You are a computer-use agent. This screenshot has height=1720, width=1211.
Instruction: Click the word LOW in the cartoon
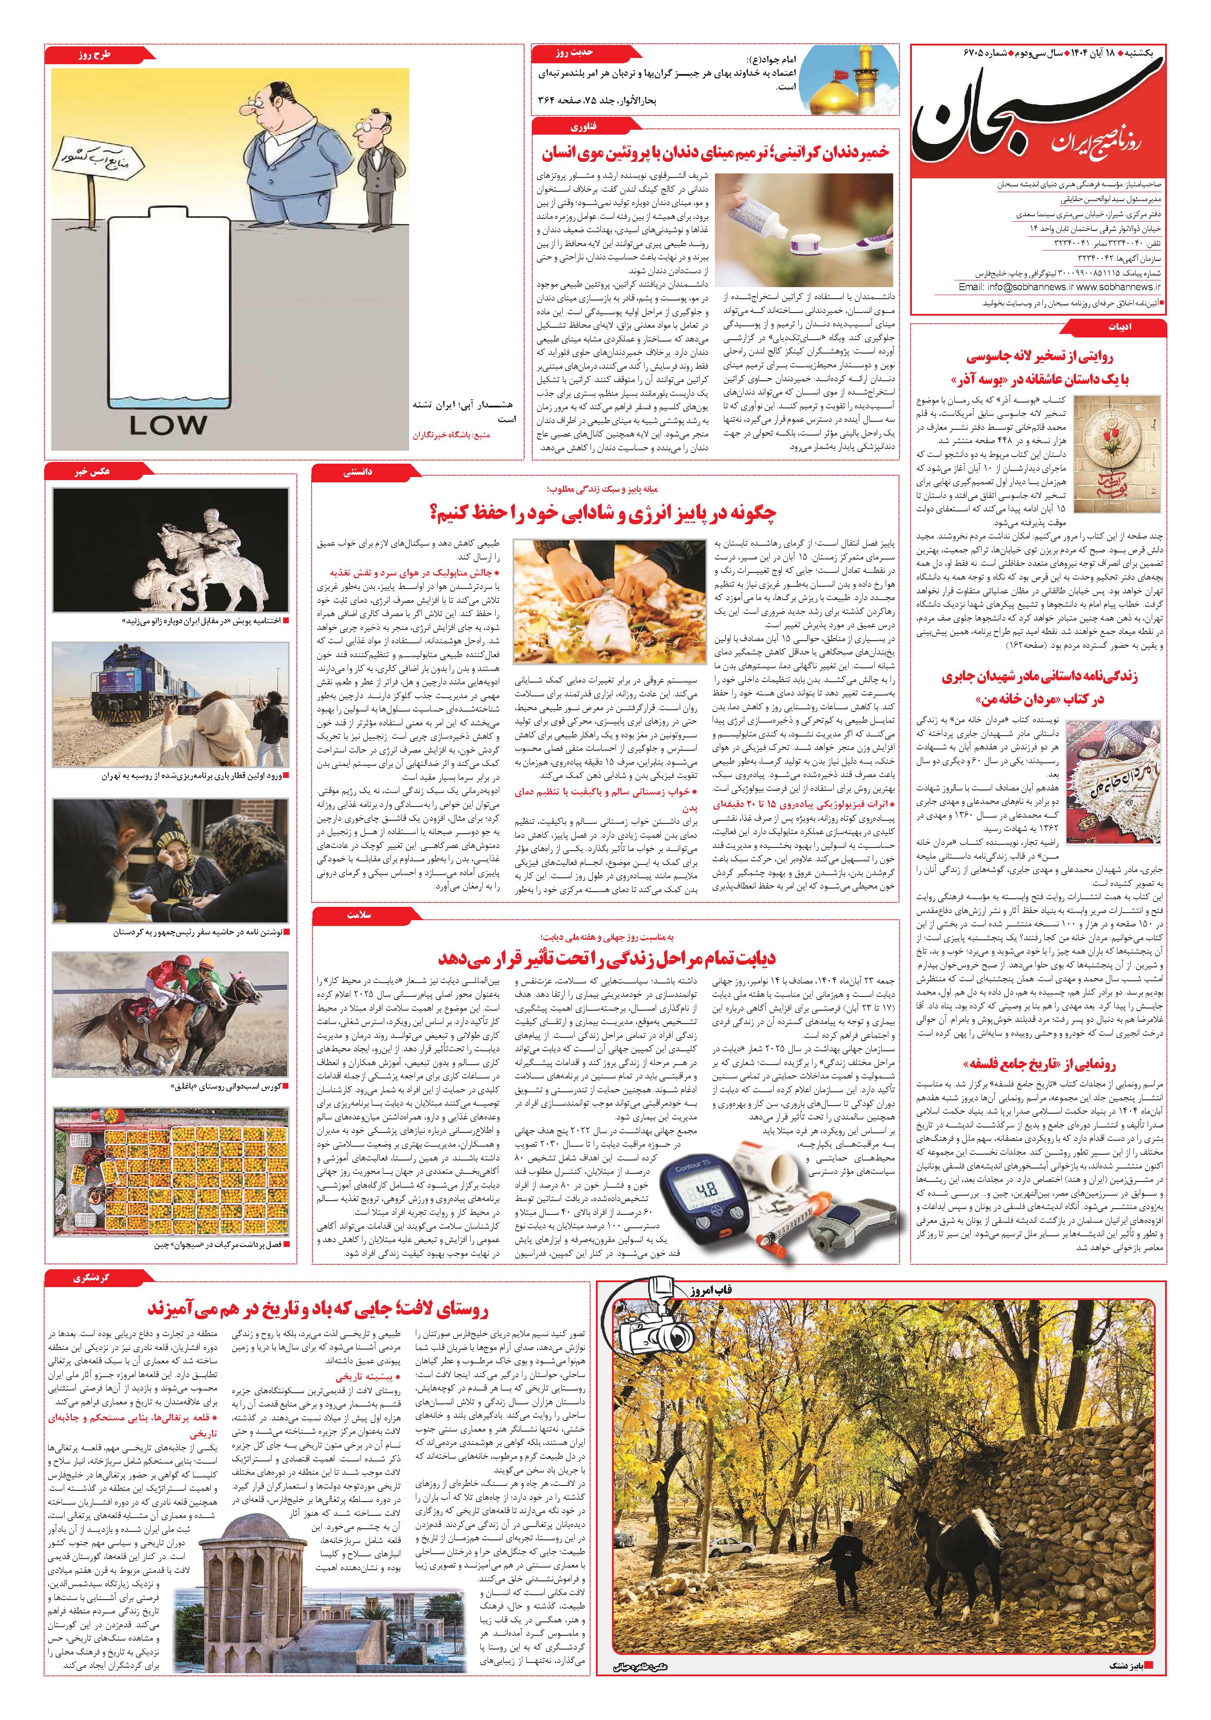click(x=167, y=425)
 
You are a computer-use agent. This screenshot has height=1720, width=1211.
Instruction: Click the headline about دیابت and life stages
click(x=607, y=958)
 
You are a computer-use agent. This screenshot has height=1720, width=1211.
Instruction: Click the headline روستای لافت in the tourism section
click(x=318, y=1309)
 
